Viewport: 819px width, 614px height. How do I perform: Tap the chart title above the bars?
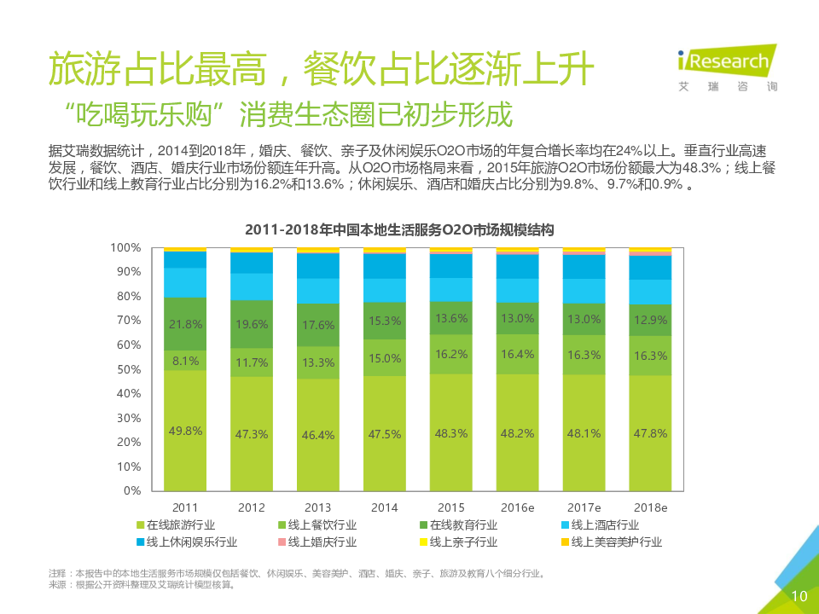click(x=400, y=230)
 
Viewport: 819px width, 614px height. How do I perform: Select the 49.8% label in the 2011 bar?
click(x=185, y=431)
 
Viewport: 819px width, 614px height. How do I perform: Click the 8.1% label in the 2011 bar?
click(x=185, y=361)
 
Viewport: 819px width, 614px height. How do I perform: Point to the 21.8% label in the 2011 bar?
click(x=185, y=324)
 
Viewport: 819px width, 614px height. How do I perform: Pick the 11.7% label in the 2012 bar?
click(x=252, y=362)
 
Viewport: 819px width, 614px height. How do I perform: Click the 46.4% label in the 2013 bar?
click(x=318, y=435)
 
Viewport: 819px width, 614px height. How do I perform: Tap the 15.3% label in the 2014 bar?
click(x=385, y=321)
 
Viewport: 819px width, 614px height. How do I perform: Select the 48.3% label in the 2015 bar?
click(x=451, y=433)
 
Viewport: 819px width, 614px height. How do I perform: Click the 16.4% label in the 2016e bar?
click(x=518, y=354)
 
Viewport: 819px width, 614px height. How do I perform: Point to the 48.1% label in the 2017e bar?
click(x=584, y=433)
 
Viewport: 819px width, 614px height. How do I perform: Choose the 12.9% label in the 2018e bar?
click(x=650, y=319)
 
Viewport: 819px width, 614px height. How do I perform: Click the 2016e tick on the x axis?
click(x=518, y=507)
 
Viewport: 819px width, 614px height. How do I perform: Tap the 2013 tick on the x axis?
click(x=318, y=507)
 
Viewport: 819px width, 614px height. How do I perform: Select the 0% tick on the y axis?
click(x=131, y=491)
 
